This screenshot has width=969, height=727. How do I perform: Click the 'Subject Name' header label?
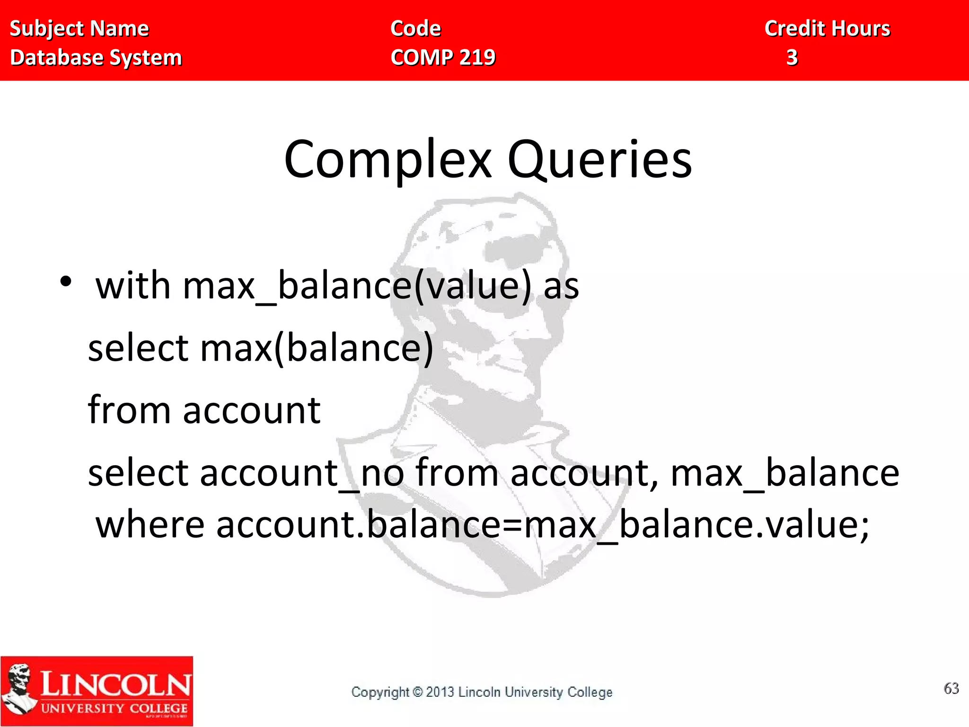(x=79, y=29)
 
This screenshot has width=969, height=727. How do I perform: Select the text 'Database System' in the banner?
(x=96, y=58)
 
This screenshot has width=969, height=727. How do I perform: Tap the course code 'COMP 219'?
(x=443, y=58)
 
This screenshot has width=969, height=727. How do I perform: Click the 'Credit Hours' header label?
(x=827, y=29)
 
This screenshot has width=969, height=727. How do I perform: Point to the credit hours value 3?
(x=792, y=58)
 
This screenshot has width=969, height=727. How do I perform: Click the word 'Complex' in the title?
(x=388, y=160)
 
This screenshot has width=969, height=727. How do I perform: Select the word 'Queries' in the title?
(x=599, y=160)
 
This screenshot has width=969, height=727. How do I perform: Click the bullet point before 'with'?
(x=66, y=282)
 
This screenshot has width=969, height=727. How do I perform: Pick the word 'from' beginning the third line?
(x=129, y=410)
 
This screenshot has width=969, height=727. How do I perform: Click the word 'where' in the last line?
(x=150, y=525)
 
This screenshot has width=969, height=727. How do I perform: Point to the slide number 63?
(x=951, y=688)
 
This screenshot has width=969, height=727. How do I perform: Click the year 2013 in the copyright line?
(x=440, y=692)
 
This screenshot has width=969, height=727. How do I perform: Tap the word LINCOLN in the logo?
(x=116, y=684)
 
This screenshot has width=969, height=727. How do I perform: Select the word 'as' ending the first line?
(x=561, y=286)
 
